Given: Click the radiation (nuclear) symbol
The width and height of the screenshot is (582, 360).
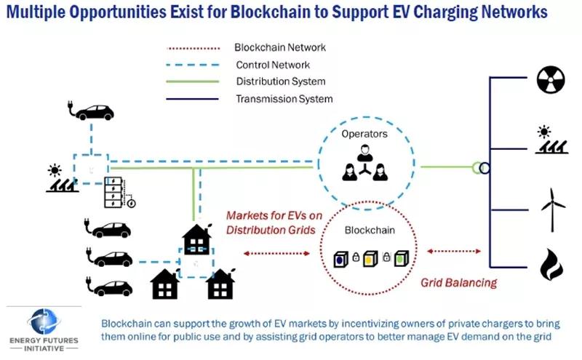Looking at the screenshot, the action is tap(551, 80).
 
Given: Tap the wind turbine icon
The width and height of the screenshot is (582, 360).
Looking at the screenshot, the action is tap(553, 209).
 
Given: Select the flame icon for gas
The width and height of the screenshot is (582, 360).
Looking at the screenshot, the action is tap(551, 264).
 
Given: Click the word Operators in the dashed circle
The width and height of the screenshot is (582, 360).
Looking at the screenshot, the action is tap(364, 134).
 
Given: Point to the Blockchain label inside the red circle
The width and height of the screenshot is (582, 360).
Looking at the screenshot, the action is tap(370, 230).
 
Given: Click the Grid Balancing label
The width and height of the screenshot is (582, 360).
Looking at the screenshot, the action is tap(459, 283).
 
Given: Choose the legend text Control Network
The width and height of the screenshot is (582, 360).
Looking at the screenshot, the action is tap(273, 65).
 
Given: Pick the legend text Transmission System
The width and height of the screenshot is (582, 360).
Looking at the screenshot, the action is tap(284, 99).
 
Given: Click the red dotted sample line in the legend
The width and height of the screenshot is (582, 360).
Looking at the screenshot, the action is tap(194, 48).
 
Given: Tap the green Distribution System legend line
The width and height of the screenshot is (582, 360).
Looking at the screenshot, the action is tap(193, 81).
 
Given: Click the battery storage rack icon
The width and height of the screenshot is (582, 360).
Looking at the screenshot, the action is tap(113, 192).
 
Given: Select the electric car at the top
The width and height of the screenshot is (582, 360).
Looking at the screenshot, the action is tap(90, 111).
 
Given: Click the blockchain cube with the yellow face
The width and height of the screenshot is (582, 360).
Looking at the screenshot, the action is tap(370, 259).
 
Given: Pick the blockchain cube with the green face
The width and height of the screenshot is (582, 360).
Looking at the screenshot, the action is tap(401, 258).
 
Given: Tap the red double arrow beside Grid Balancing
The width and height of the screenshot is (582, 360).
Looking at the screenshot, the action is tap(453, 251).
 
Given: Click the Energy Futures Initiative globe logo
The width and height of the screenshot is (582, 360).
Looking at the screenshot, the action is tap(44, 321).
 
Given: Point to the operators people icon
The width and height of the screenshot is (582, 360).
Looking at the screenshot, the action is tap(365, 163).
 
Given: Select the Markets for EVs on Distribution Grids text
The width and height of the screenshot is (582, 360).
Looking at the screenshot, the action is tap(274, 223).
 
